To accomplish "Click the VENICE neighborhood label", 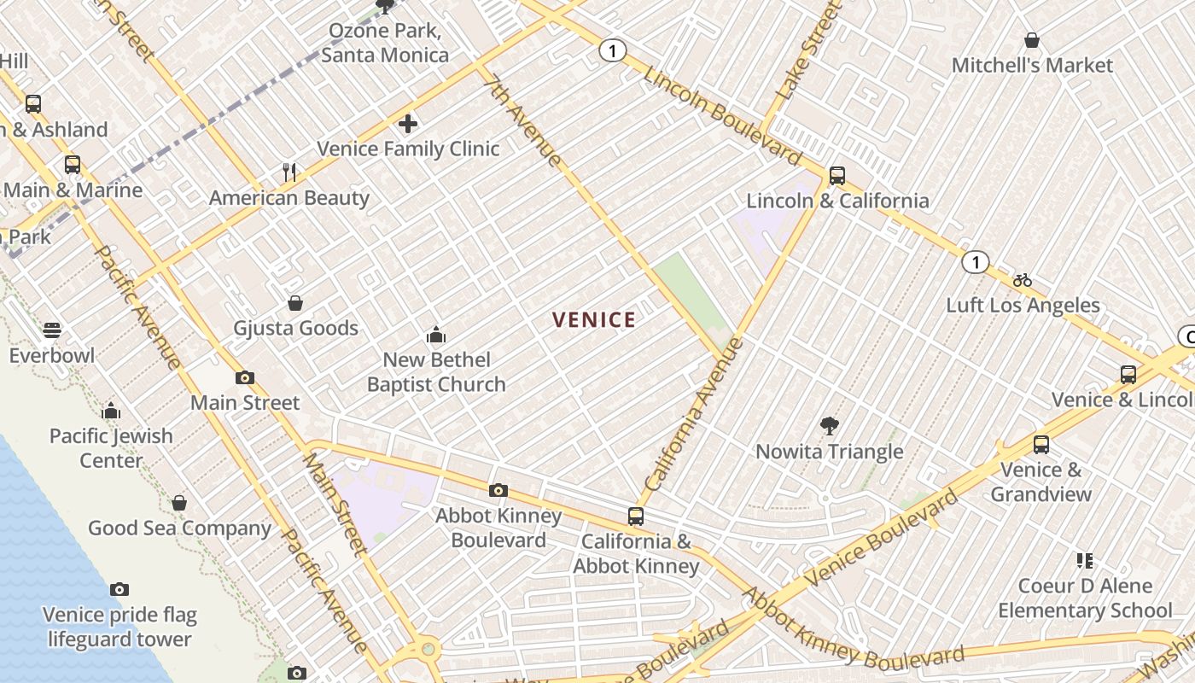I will tap(594, 320).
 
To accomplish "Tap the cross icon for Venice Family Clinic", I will tap(408, 125).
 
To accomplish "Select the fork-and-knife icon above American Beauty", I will tap(289, 173).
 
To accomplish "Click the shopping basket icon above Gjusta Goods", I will tap(295, 303).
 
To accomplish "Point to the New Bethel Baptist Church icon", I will tap(436, 335).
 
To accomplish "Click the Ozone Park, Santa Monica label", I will tap(385, 44).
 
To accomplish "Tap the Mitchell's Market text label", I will tap(1032, 66).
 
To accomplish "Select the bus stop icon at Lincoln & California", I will tap(837, 176).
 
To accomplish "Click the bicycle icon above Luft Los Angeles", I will tap(1023, 280).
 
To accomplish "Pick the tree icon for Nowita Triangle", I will tap(829, 426).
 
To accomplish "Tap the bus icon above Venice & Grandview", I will tap(1041, 445).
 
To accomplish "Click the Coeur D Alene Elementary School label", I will tap(1085, 598).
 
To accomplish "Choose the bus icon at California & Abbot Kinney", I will tap(636, 517).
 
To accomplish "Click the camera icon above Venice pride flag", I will tap(119, 590).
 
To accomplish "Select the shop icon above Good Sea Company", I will tap(179, 503).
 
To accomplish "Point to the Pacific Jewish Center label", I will tap(111, 448).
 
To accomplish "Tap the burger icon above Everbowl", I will tap(52, 330).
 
